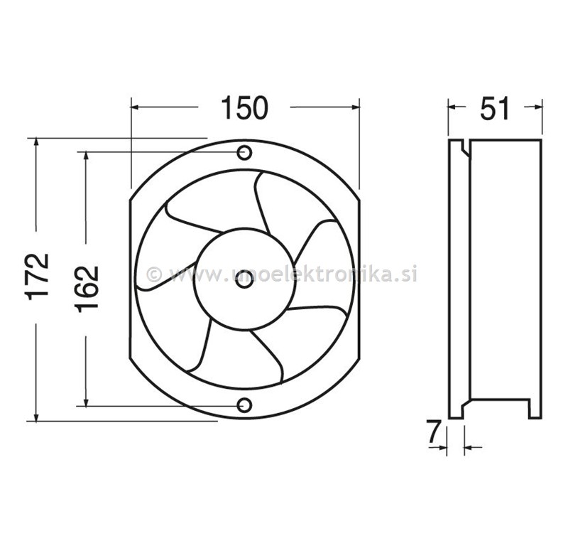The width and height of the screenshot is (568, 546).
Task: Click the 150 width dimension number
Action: pos(244,108)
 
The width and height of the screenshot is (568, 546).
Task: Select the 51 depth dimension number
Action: pos(495,109)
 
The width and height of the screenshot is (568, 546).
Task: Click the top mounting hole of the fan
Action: pos(244,152)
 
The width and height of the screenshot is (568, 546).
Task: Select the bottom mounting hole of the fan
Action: pos(244,405)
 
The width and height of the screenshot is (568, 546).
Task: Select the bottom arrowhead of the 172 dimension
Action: pos(36,415)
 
